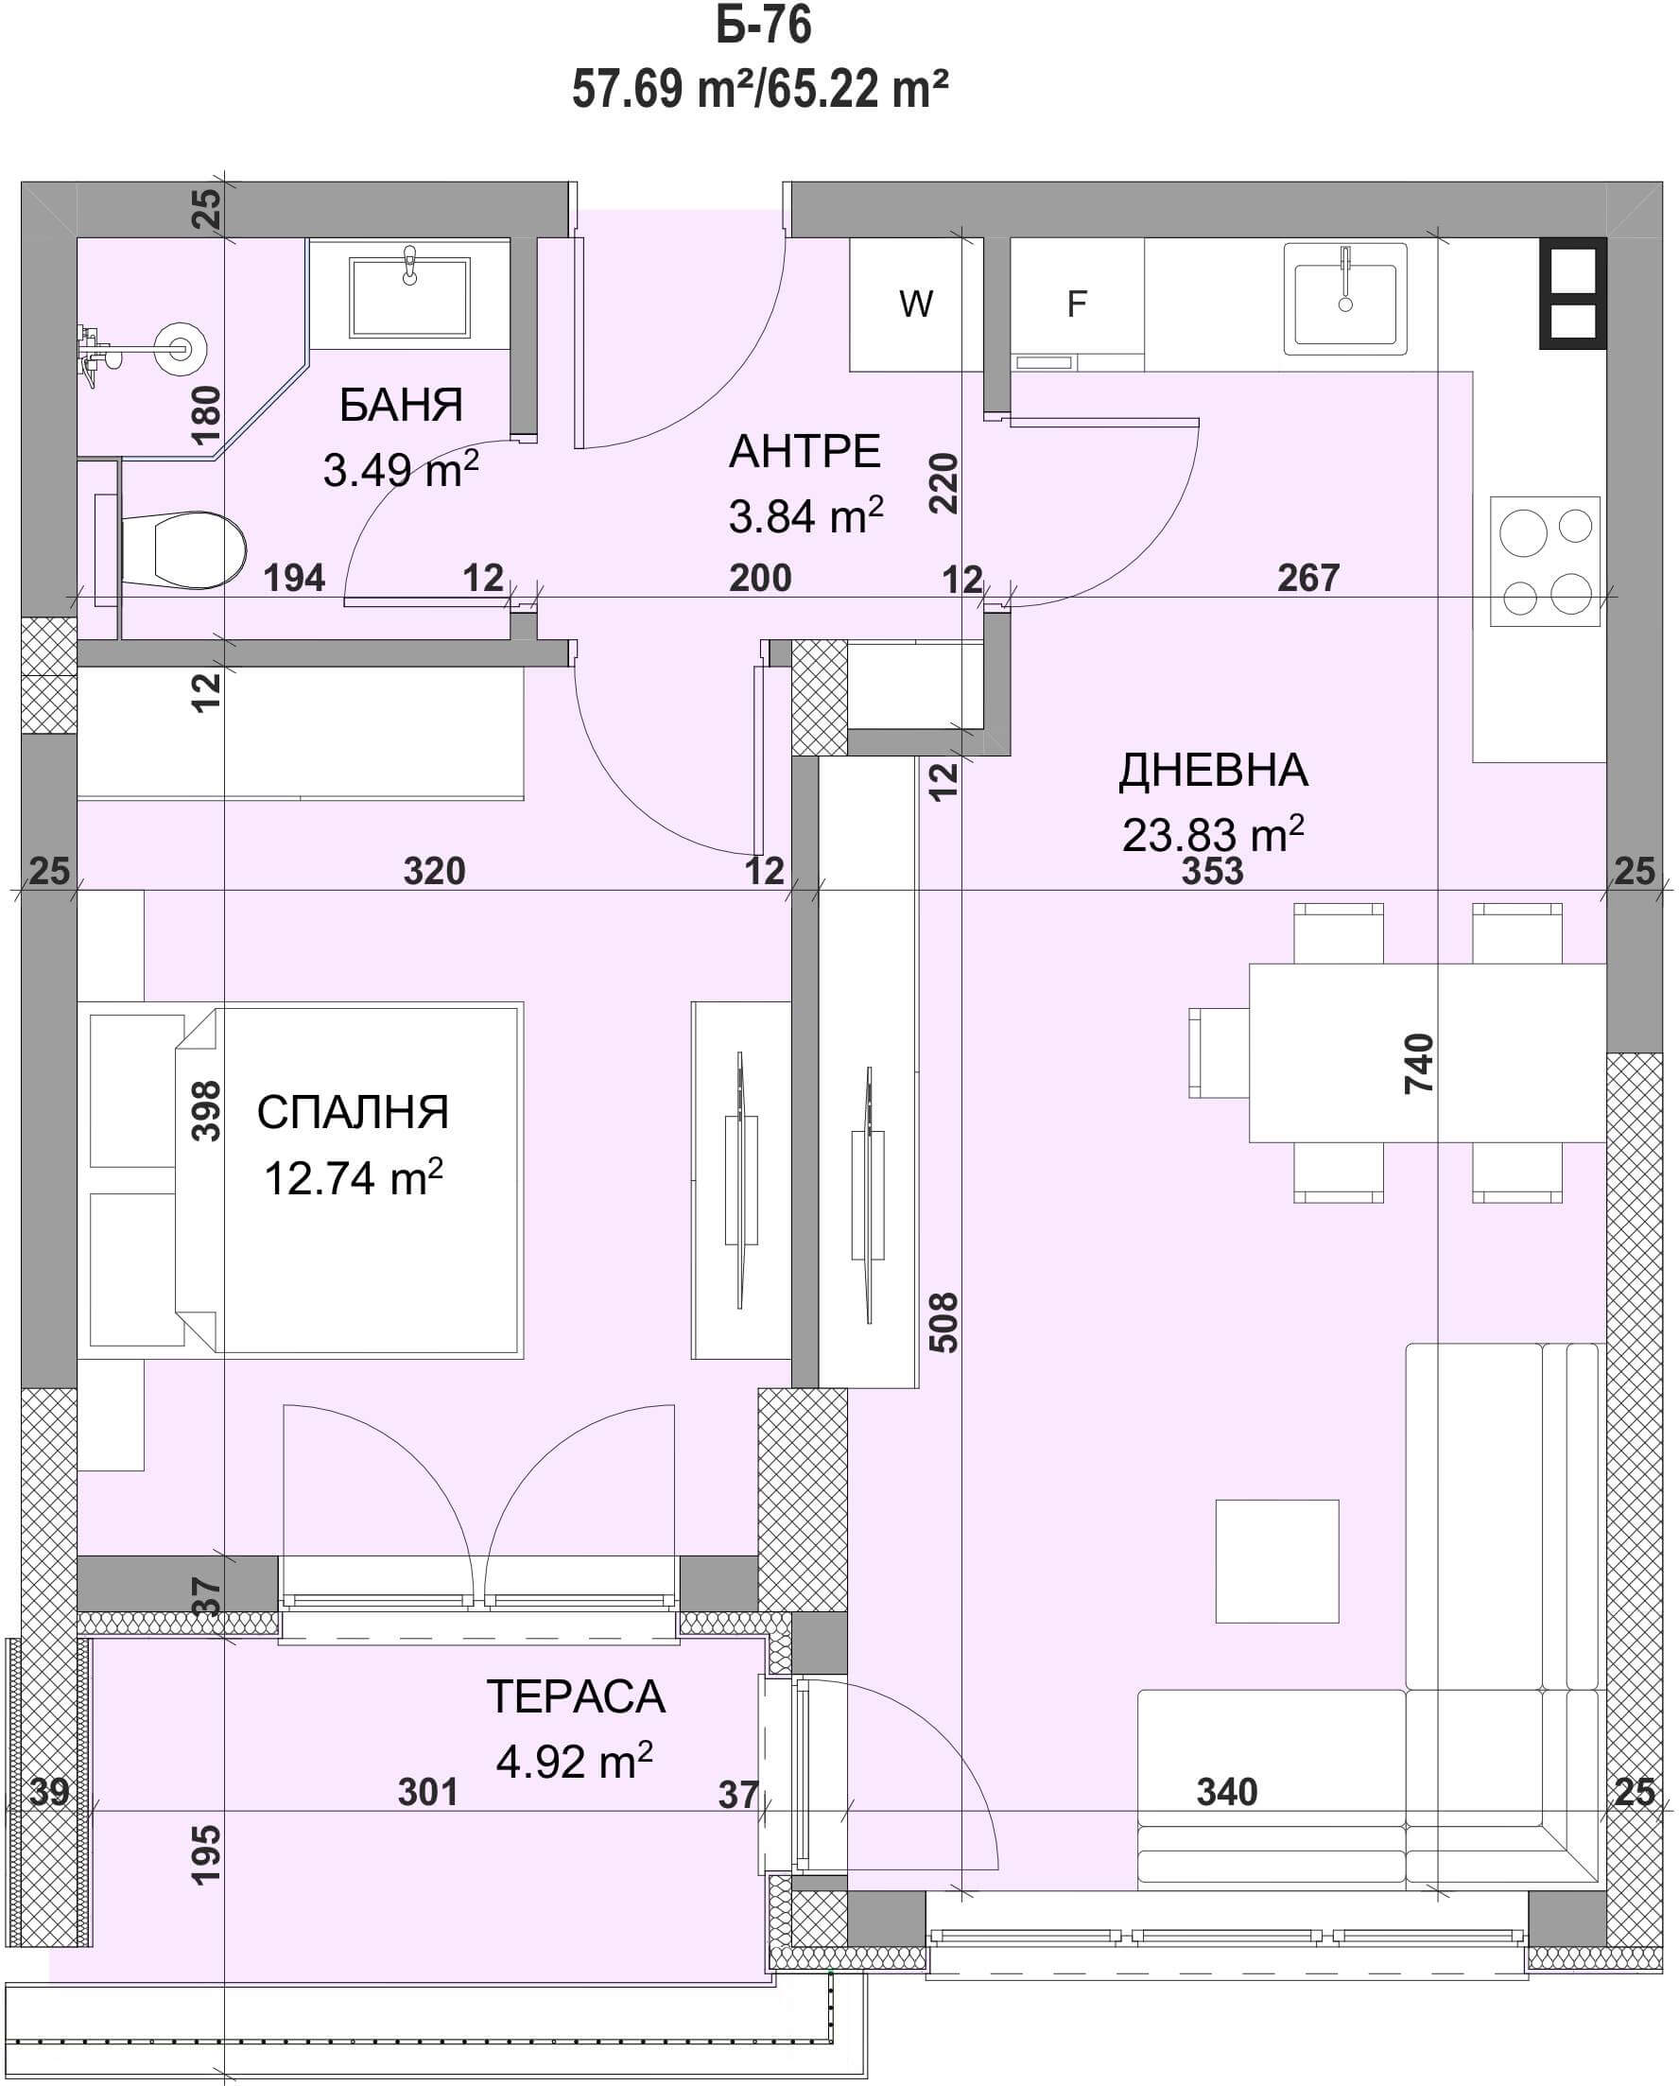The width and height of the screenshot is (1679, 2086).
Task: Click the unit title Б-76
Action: [763, 26]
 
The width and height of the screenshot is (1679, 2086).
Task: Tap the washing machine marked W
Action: [916, 304]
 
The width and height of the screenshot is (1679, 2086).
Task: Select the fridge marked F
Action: [1077, 304]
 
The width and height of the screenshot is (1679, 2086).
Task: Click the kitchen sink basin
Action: [1344, 298]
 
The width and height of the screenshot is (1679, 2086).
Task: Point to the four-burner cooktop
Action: [1545, 561]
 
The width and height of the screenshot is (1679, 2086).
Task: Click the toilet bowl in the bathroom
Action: [183, 550]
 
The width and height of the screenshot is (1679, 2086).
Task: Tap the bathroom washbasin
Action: [409, 296]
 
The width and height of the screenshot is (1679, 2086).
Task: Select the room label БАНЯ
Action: [401, 405]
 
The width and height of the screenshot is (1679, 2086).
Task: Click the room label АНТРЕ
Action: [805, 452]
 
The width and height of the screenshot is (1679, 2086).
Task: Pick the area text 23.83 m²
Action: [1213, 833]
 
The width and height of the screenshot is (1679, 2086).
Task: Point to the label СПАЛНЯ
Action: [353, 1113]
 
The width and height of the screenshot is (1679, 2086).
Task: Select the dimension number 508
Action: [943, 1322]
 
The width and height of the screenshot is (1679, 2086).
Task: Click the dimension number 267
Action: [1308, 578]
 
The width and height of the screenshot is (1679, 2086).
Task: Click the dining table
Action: [1428, 1052]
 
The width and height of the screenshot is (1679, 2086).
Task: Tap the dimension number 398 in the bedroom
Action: [207, 1111]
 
